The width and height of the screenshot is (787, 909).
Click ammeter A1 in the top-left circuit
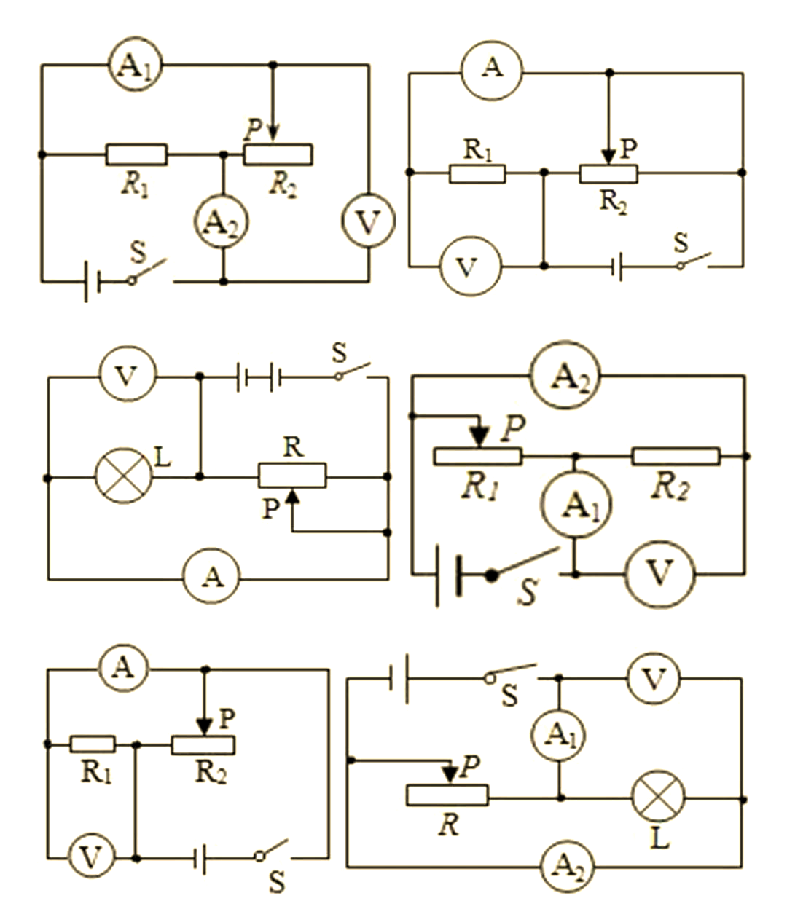(135, 64)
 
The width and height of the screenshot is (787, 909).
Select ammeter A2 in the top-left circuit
(222, 222)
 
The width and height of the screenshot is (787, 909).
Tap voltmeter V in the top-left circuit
(368, 220)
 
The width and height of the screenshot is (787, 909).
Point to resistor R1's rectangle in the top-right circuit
(477, 173)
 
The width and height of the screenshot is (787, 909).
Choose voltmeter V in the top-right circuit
(471, 266)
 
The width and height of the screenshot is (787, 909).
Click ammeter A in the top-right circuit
(492, 71)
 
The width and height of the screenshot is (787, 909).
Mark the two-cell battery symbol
(258, 377)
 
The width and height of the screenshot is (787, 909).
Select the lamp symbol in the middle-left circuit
(124, 476)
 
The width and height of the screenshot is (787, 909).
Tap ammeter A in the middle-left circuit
(212, 577)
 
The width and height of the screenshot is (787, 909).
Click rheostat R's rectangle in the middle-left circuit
(292, 476)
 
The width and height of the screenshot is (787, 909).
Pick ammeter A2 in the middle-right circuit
(565, 376)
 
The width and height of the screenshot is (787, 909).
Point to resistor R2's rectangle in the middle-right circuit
(676, 457)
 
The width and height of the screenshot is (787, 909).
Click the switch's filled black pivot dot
(492, 575)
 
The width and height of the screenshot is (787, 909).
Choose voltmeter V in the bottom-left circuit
(91, 858)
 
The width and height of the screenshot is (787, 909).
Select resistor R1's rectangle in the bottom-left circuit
(93, 744)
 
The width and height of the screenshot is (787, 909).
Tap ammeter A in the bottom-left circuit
(124, 670)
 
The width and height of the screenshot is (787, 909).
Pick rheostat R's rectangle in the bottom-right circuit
(447, 795)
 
